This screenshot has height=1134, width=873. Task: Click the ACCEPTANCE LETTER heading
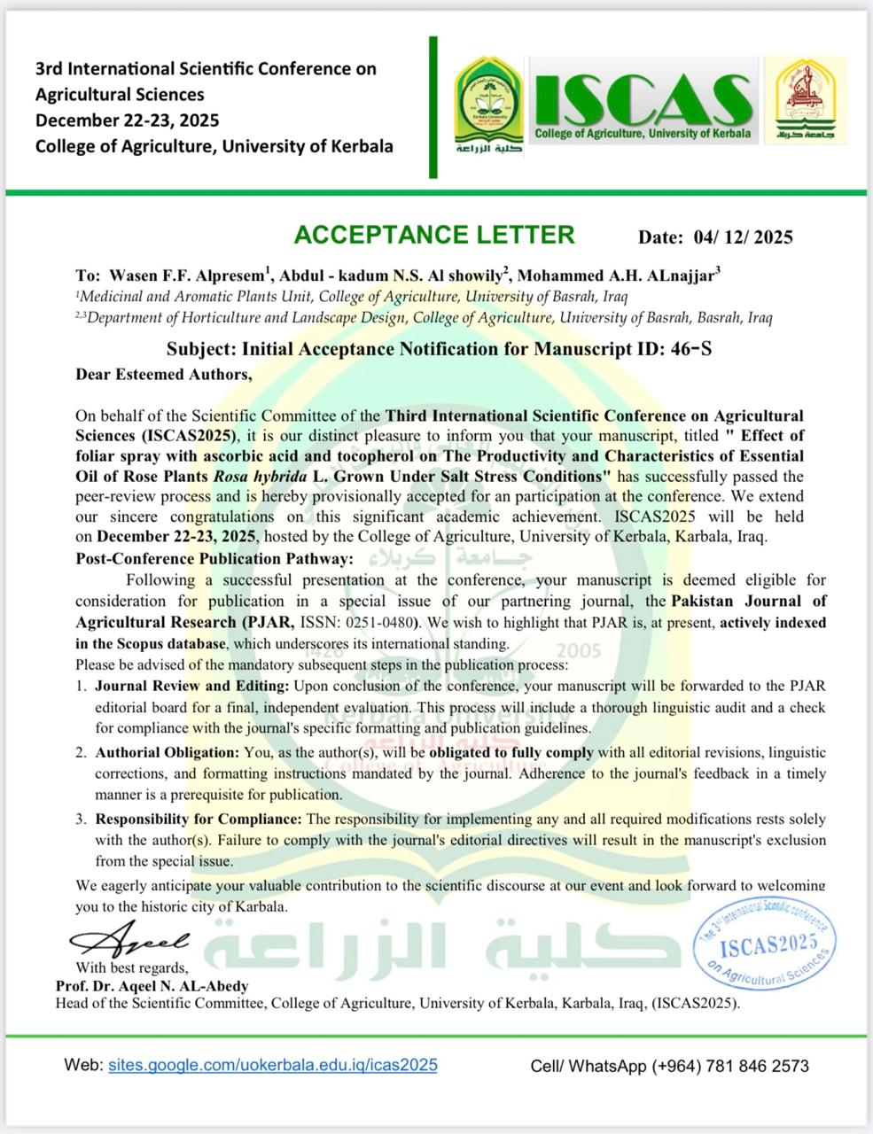tap(433, 235)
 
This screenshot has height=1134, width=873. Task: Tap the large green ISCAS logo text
tap(643, 99)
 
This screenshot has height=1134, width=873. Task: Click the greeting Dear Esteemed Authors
tap(164, 374)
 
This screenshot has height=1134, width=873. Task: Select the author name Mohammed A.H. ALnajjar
tap(618, 276)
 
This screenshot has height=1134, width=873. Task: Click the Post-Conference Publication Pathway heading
tap(214, 559)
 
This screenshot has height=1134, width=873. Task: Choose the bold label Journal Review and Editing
tap(192, 686)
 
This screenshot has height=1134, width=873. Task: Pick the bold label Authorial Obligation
tap(168, 752)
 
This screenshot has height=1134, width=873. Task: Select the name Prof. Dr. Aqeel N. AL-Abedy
tap(152, 985)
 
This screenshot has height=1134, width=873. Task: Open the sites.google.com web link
tap(273, 1065)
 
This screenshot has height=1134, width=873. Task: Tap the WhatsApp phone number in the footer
tap(730, 1066)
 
